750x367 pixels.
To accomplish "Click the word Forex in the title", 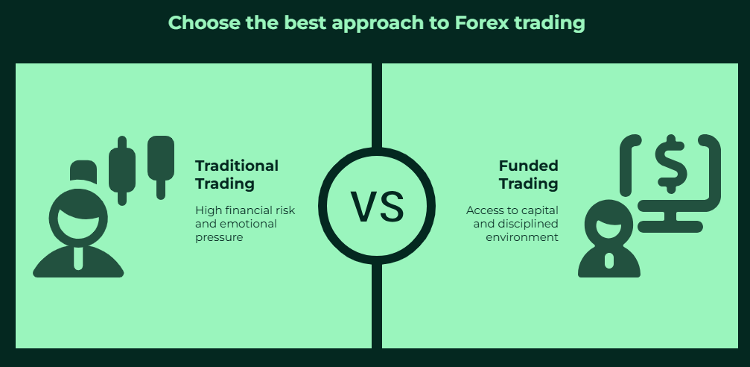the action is coord(481,22).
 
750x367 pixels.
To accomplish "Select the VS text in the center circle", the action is coord(377,207).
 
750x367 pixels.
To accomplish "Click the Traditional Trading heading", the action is coord(236,175).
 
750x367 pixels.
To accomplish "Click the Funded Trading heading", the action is coord(529,175).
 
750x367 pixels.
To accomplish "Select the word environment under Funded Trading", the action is coord(522,237).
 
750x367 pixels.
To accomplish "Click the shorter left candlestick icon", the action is coord(122,171).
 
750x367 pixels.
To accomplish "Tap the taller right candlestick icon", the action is coord(161,167).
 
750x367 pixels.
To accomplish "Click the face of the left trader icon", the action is coord(78,225).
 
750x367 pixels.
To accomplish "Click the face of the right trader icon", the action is coord(609,230).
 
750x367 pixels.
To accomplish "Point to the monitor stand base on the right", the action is coord(670,227).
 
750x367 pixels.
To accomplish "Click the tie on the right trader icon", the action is coord(609,261).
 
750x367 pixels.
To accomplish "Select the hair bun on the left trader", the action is coord(83,172).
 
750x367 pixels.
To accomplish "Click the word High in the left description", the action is coord(206,211).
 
